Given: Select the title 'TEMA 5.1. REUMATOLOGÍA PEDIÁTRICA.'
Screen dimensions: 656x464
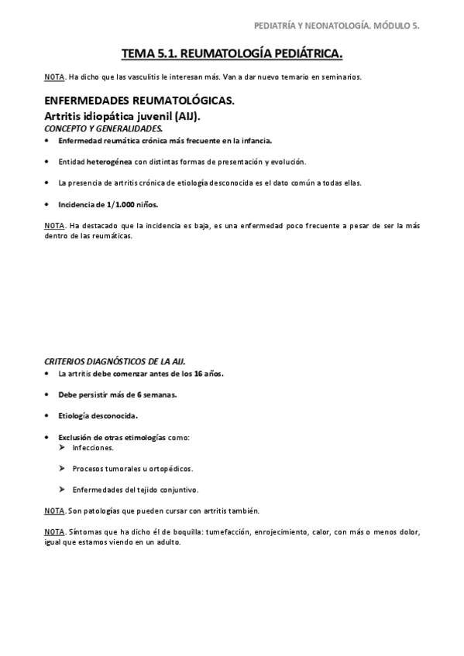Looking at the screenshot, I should pos(232,54).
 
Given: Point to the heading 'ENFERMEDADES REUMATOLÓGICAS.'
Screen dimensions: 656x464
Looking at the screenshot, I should pos(139,101).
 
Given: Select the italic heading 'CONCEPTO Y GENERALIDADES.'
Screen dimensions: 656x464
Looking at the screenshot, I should pos(103,128).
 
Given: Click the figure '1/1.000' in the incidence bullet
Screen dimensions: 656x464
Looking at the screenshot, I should pos(119,204).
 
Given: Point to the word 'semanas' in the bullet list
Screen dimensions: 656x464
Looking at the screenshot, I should pos(160,395).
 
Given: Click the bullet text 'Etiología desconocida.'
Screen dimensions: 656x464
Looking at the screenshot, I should pos(93,415).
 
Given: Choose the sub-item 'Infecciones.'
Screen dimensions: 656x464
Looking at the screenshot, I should pos(93,447).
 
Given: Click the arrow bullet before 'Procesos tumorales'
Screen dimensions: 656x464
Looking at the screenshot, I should pos(62,468).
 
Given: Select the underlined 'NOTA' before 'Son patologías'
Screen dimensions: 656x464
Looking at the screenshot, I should pos(53,511).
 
